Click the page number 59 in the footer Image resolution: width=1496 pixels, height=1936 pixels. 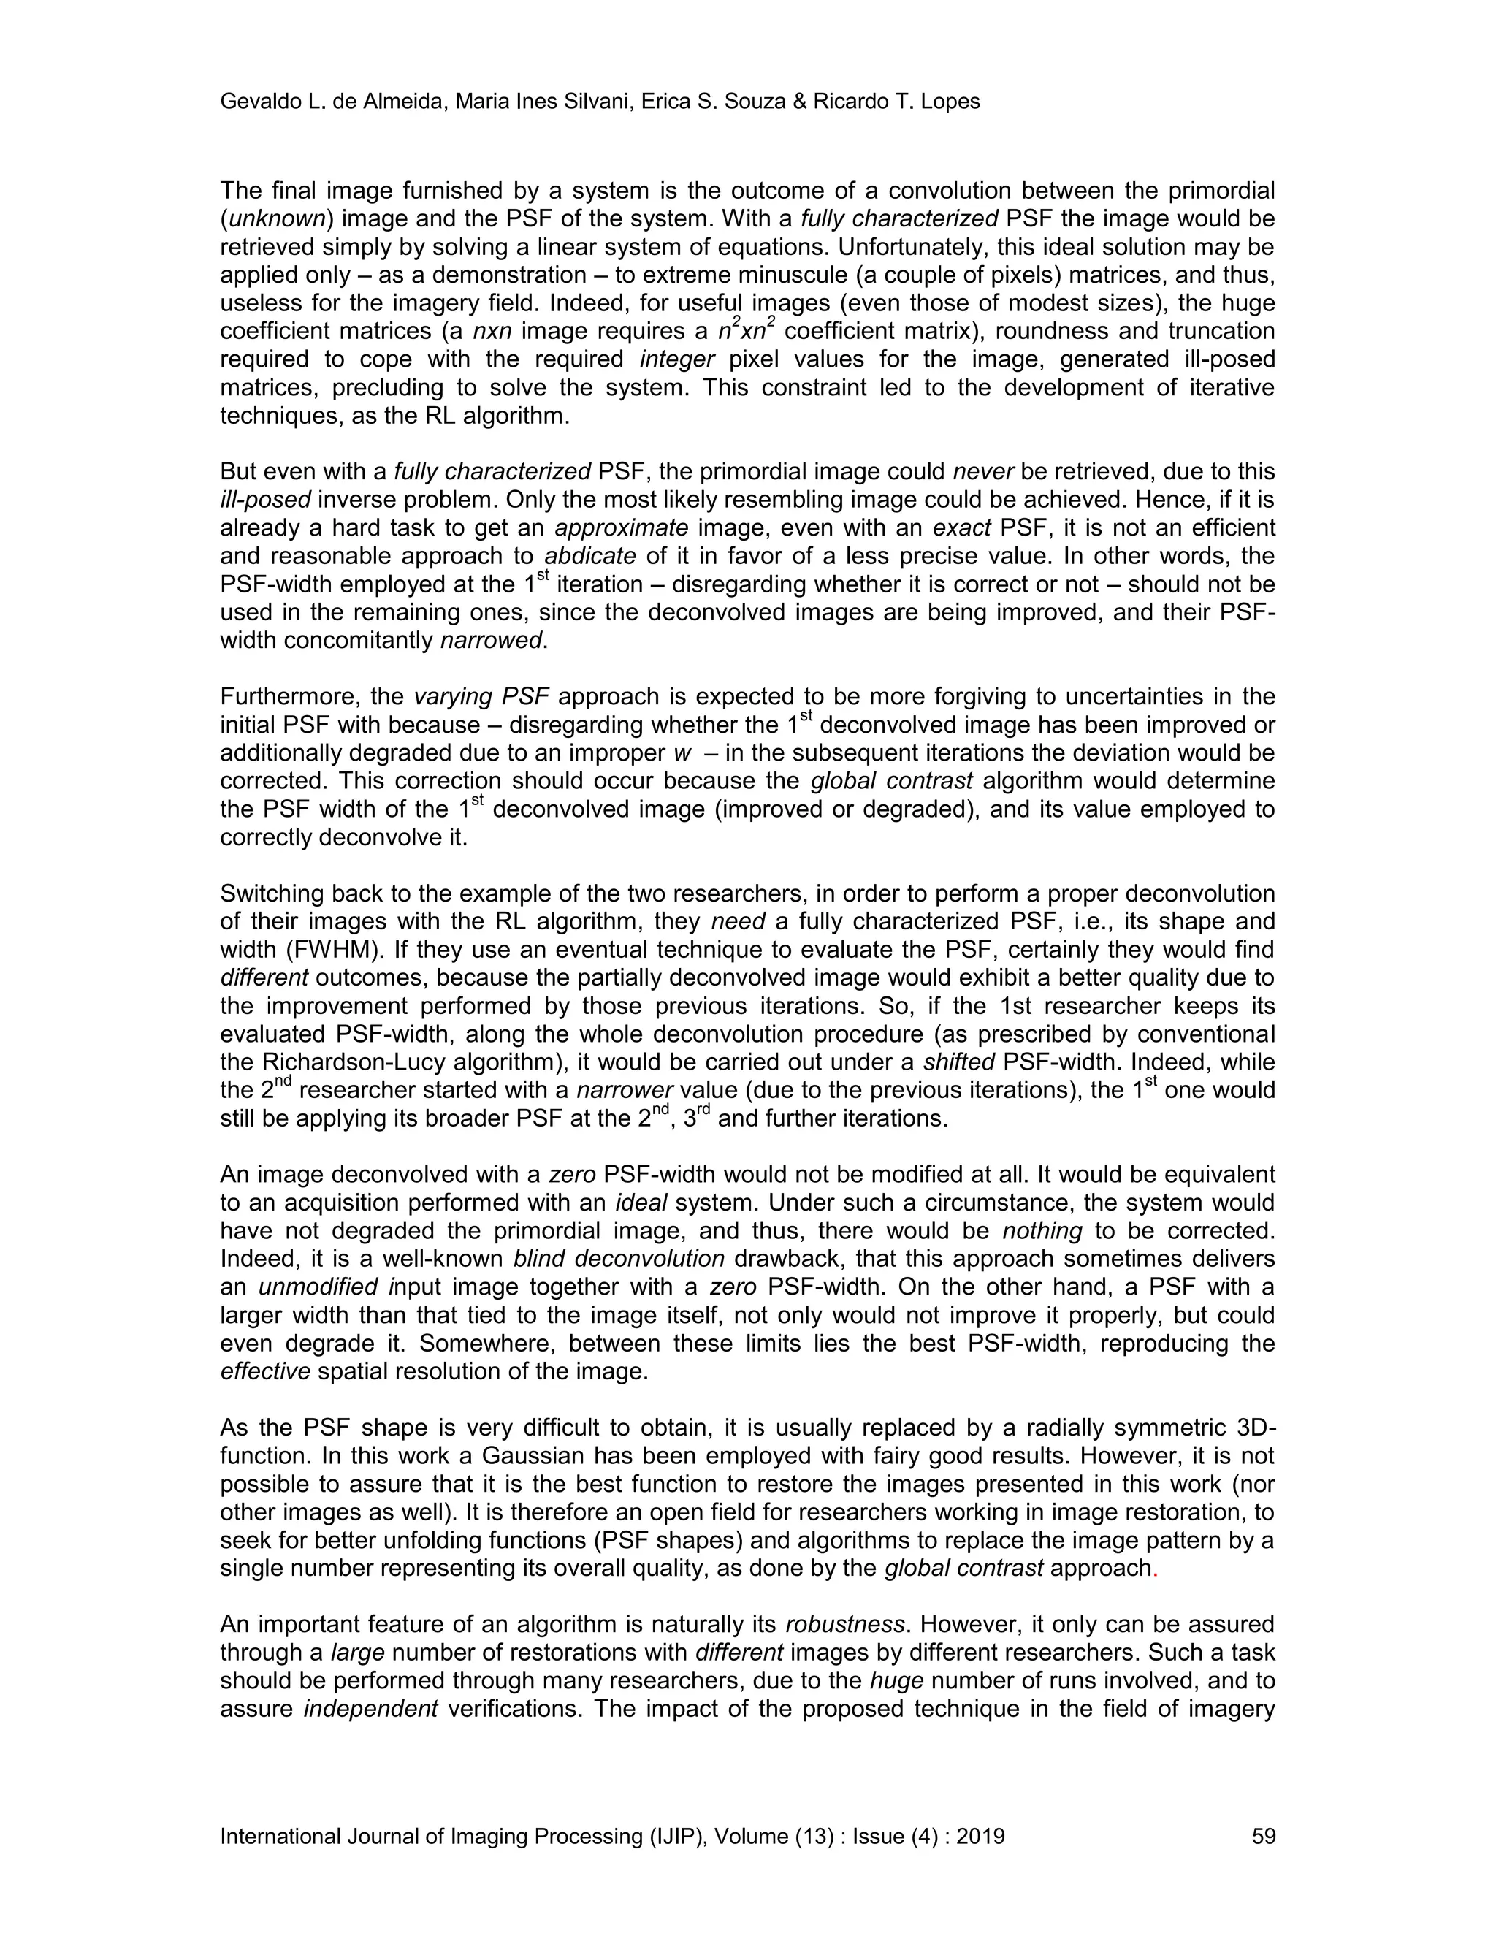1263,1836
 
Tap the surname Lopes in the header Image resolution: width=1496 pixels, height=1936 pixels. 951,102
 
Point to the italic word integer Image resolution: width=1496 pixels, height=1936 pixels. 677,360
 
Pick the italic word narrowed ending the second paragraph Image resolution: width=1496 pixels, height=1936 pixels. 490,641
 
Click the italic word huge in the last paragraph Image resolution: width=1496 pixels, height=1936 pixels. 898,1682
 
